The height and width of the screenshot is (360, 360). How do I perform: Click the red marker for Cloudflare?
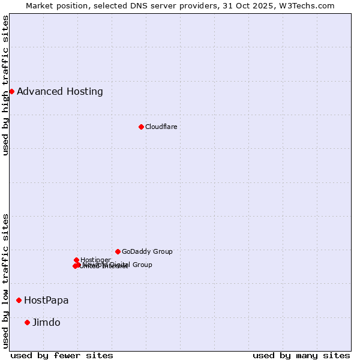[141, 127]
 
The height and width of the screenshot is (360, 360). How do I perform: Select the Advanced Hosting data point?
[11, 91]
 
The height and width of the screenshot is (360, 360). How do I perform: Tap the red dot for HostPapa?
[19, 300]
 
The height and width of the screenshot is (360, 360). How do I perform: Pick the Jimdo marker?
[27, 322]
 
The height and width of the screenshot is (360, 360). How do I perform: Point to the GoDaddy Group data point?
[118, 251]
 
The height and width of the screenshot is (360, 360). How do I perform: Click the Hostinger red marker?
[76, 260]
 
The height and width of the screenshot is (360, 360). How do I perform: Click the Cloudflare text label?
[161, 127]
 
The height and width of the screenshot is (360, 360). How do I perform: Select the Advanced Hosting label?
[60, 91]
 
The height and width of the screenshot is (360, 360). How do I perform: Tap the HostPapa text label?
[46, 300]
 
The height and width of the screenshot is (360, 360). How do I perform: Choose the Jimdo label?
[46, 322]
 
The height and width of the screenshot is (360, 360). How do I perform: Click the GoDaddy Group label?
[147, 251]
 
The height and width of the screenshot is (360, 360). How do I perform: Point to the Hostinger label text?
[95, 260]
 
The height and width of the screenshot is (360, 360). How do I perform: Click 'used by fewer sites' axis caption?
[62, 355]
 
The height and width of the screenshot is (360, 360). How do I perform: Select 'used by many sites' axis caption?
[301, 355]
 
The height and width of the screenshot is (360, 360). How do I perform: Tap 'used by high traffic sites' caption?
[6, 85]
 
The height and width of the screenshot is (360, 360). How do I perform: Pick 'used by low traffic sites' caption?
[6, 280]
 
